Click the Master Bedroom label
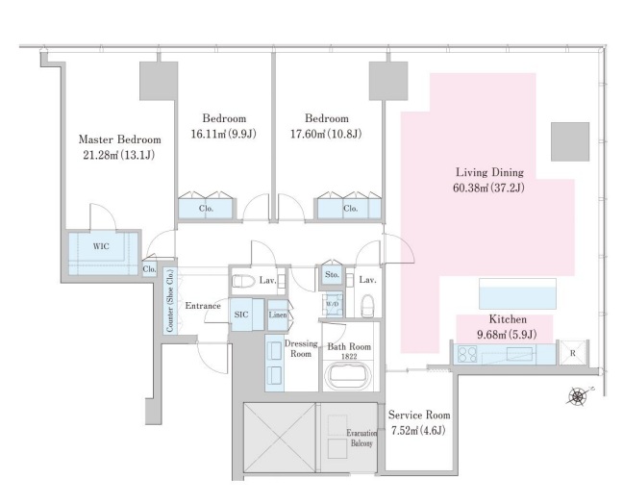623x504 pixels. click(x=119, y=139)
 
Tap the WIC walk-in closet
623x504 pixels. click(x=103, y=254)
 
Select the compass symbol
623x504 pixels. click(x=578, y=396)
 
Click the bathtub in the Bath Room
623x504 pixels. click(x=348, y=377)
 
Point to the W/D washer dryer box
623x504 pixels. click(x=332, y=304)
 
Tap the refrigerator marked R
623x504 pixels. click(x=573, y=353)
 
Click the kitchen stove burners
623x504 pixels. click(x=467, y=354)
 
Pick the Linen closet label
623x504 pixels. click(x=278, y=315)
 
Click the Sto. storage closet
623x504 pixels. click(x=332, y=275)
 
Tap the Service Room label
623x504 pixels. click(x=419, y=415)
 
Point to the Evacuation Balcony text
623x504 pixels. click(x=361, y=438)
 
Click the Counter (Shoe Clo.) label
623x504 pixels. click(x=170, y=301)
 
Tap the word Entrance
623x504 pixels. click(x=203, y=306)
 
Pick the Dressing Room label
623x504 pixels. click(x=301, y=348)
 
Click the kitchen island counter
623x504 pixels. click(x=517, y=293)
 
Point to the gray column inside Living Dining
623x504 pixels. click(x=570, y=142)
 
